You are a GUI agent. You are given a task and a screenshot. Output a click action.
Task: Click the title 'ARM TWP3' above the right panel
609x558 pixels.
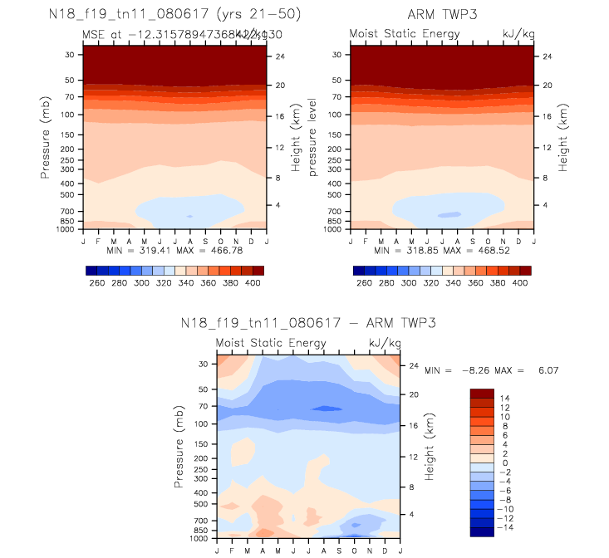click(x=440, y=15)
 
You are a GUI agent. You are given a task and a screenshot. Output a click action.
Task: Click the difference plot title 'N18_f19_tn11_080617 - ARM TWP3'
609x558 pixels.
click(x=308, y=323)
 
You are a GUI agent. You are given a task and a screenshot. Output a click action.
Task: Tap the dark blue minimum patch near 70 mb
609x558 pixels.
click(x=326, y=408)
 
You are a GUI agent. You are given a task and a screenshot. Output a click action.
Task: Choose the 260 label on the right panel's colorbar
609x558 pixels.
click(x=363, y=283)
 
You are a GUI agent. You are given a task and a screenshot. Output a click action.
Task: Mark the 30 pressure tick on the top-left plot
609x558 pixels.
click(x=70, y=55)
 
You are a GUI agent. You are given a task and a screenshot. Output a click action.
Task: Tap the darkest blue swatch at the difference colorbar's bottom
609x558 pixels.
click(x=482, y=531)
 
